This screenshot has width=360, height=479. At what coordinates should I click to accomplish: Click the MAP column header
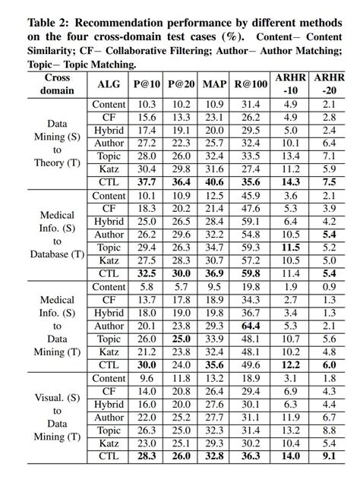pyautogui.click(x=215, y=84)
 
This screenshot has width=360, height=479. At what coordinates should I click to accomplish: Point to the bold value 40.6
pyautogui.click(x=215, y=182)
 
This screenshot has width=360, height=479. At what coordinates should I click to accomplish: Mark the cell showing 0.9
pyautogui.click(x=328, y=287)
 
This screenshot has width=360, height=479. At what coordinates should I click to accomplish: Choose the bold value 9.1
pyautogui.click(x=328, y=456)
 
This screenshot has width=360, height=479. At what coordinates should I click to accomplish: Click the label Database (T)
pyautogui.click(x=57, y=254)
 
